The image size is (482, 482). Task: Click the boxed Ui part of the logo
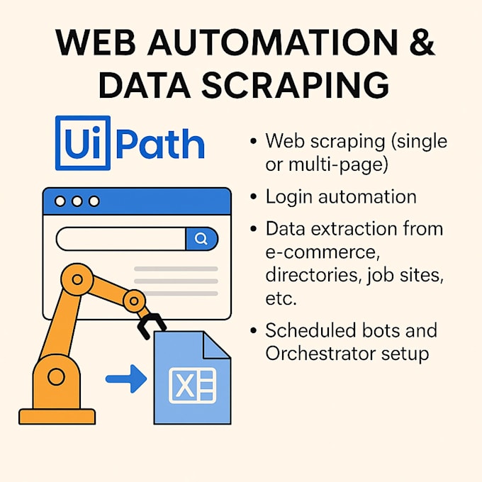(x=83, y=143)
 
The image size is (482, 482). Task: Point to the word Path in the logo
(x=160, y=144)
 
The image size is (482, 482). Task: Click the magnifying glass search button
(x=201, y=239)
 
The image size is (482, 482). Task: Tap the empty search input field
(x=121, y=239)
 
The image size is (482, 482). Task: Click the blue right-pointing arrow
(x=126, y=379)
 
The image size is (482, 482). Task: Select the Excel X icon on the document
(x=192, y=386)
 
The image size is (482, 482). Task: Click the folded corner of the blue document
(x=216, y=345)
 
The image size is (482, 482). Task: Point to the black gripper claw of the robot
(x=151, y=326)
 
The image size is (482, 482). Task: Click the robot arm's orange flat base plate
(x=57, y=417)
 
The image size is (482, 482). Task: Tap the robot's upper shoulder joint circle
(x=77, y=279)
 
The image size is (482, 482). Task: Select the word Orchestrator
(x=320, y=354)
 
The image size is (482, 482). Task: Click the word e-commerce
(x=321, y=252)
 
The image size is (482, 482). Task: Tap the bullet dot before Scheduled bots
(x=253, y=331)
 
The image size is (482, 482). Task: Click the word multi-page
(x=338, y=165)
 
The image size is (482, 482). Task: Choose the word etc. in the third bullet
(x=281, y=298)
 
